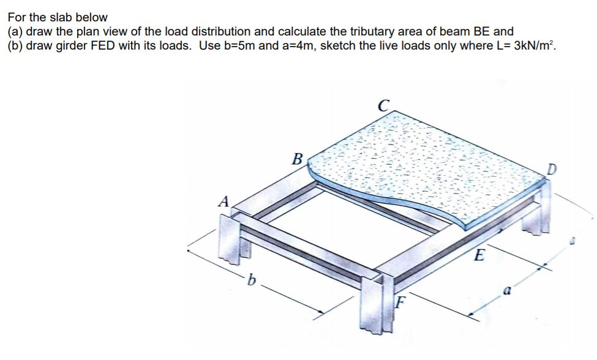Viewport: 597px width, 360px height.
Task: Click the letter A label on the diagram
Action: [224, 201]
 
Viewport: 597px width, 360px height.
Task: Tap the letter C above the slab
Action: [383, 104]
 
